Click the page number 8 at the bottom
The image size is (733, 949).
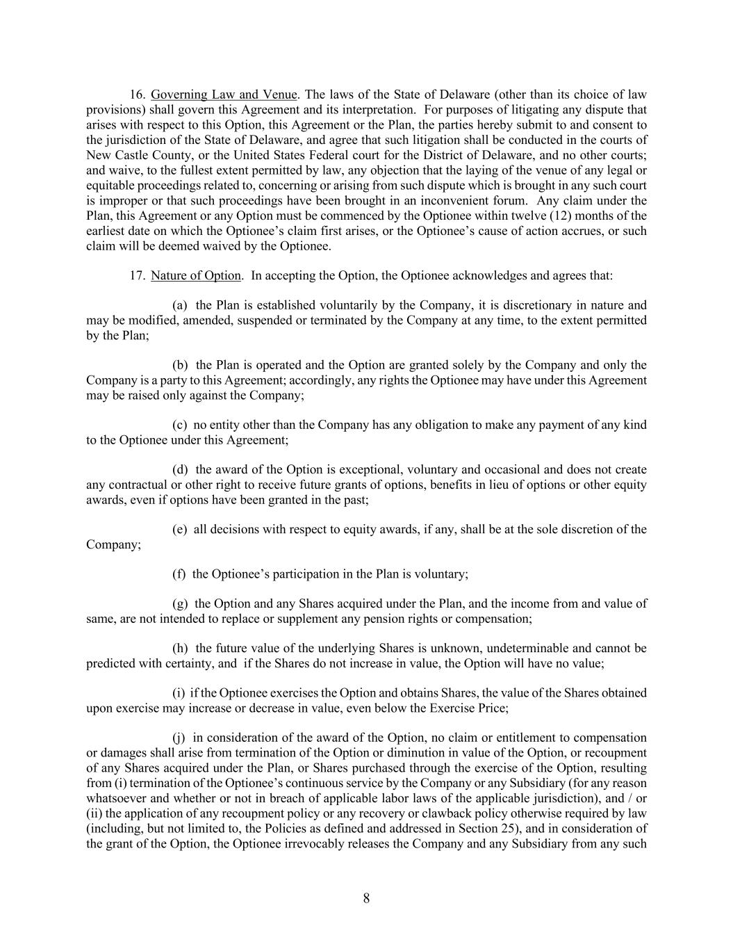tap(366, 898)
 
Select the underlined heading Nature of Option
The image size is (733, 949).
tap(196, 275)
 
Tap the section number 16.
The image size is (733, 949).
tap(137, 95)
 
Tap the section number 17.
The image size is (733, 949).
tap(137, 275)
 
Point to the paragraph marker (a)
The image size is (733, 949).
tap(179, 305)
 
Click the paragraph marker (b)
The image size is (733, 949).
tap(179, 365)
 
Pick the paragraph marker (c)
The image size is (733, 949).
tap(179, 425)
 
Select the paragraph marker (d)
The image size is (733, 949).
tap(179, 470)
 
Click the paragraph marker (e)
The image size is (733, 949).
tap(179, 530)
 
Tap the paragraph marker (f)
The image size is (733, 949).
tap(179, 574)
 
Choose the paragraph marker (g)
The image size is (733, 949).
tap(179, 604)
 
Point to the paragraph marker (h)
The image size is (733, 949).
tap(179, 649)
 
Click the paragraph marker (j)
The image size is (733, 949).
tap(179, 738)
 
